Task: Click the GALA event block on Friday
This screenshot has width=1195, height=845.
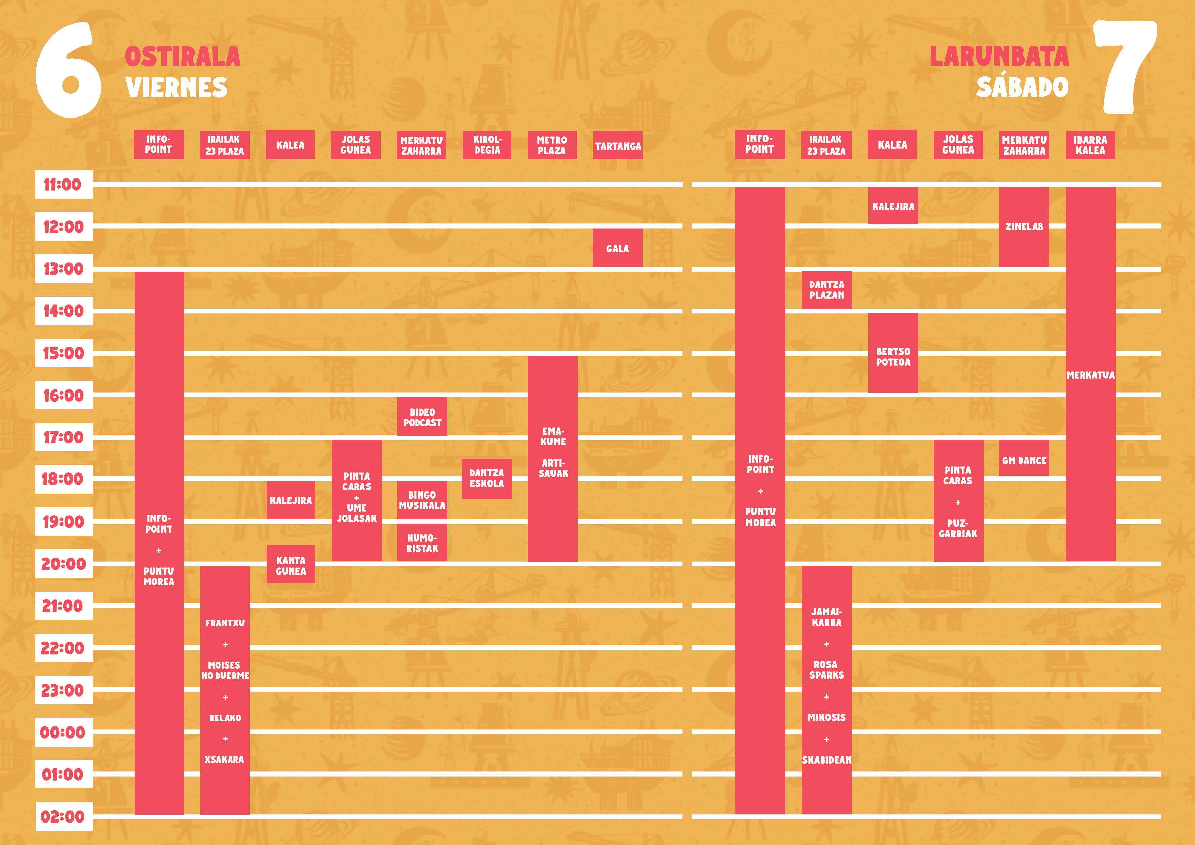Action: click(x=617, y=248)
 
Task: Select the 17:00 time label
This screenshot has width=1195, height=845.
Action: click(x=63, y=437)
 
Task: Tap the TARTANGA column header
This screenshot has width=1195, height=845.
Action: click(x=618, y=146)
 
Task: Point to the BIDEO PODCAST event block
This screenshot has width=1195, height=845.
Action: click(x=422, y=417)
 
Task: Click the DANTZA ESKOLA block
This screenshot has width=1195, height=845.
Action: click(x=487, y=478)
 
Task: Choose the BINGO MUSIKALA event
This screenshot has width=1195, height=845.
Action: click(x=422, y=500)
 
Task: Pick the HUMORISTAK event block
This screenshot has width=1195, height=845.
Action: click(x=422, y=543)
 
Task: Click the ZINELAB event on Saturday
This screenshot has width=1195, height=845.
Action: click(x=1024, y=227)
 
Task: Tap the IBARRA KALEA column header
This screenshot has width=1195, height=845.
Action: click(x=1090, y=145)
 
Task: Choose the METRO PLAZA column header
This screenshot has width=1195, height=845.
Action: click(x=552, y=145)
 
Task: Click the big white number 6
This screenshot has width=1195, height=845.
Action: click(x=68, y=70)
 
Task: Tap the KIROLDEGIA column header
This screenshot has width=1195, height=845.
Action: click(x=487, y=145)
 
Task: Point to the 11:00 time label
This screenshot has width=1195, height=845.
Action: click(x=63, y=184)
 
